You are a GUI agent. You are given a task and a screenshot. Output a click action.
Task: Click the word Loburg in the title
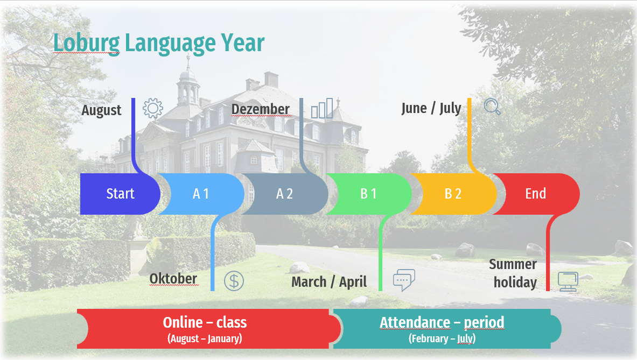click(x=87, y=43)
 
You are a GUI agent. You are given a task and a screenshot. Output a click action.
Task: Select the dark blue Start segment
click(x=120, y=194)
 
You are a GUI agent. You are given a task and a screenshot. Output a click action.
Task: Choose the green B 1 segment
click(x=369, y=194)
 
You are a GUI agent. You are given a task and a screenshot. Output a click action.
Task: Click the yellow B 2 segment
click(x=453, y=194)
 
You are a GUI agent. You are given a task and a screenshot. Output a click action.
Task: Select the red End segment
click(x=536, y=194)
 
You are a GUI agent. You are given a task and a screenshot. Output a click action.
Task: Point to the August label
click(x=101, y=110)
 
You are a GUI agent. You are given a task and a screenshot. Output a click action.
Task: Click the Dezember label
click(x=261, y=109)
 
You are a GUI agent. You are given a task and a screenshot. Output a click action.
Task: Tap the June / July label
click(x=431, y=108)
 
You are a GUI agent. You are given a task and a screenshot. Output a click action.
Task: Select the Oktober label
click(x=173, y=279)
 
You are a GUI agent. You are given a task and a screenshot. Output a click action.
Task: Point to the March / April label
click(x=329, y=281)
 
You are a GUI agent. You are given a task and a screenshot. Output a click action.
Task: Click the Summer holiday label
click(x=514, y=273)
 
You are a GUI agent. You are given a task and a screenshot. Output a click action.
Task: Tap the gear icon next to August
click(x=153, y=108)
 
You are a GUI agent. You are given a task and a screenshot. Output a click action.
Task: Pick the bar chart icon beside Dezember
click(x=322, y=108)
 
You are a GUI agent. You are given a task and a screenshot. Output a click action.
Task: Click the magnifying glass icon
click(x=492, y=107)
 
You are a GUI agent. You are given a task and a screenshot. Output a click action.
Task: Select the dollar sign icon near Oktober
click(x=234, y=281)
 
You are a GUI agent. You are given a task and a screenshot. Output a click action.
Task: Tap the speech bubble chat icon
click(x=404, y=280)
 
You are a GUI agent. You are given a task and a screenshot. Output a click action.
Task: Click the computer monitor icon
click(x=568, y=281)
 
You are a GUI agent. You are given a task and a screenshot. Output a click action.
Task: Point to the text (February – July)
click(x=442, y=338)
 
